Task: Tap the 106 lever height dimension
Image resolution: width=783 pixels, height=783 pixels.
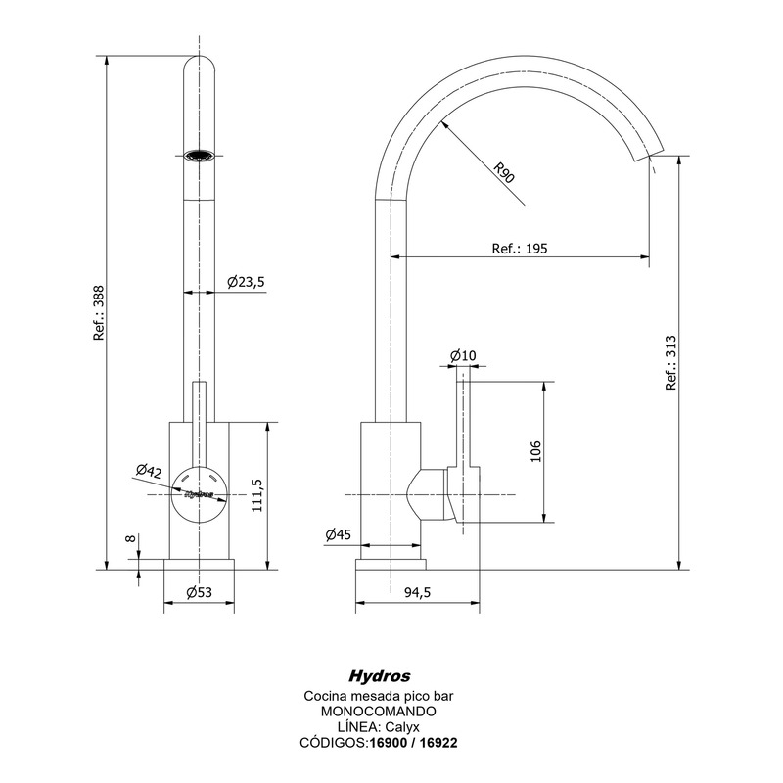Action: pyautogui.click(x=534, y=450)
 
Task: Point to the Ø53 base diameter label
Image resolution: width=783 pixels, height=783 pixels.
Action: pyautogui.click(x=200, y=591)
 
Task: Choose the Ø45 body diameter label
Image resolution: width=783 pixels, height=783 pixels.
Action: pyautogui.click(x=338, y=534)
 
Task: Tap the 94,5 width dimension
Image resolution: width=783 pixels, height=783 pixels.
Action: pyautogui.click(x=417, y=591)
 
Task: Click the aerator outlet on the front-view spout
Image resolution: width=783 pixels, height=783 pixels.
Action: pyautogui.click(x=200, y=155)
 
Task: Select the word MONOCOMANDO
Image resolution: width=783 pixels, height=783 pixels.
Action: pyautogui.click(x=378, y=711)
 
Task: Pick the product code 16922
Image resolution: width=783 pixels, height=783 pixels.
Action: pyautogui.click(x=437, y=743)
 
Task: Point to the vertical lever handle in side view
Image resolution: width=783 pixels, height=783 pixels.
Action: pyautogui.click(x=466, y=421)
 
